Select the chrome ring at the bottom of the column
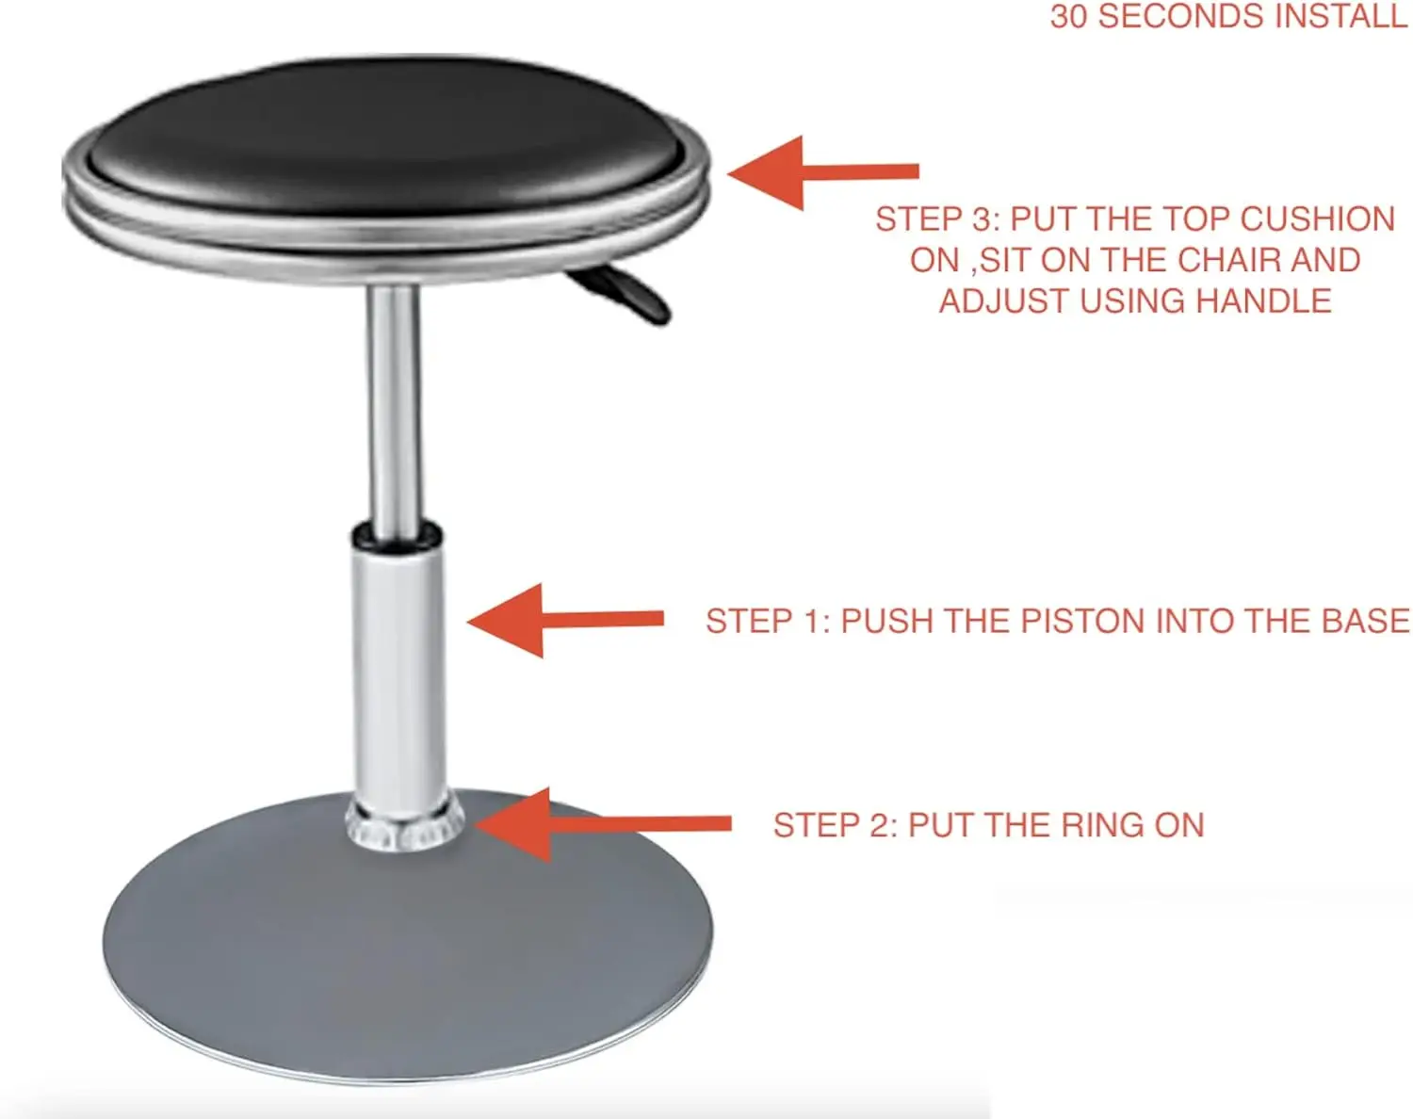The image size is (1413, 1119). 405,824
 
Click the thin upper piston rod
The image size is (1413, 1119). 394,405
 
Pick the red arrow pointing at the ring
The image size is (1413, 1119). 603,824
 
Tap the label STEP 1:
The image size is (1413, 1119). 767,622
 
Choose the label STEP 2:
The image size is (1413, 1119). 835,825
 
